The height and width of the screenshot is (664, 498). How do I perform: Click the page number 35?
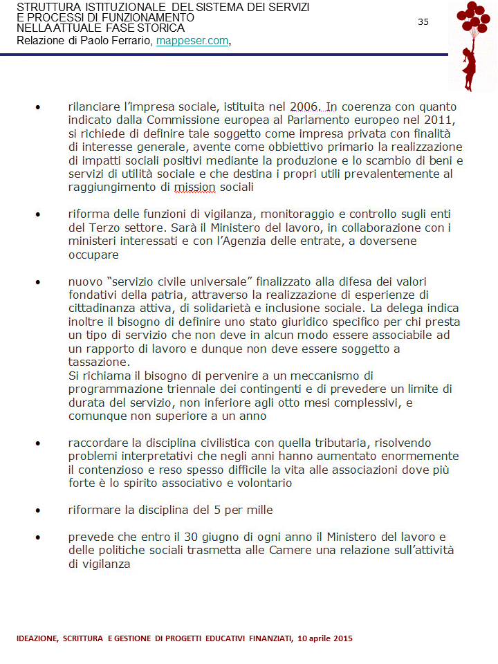pos(423,22)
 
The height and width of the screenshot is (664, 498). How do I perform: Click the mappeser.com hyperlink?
pos(192,41)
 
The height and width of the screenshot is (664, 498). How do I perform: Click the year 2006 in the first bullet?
pos(303,107)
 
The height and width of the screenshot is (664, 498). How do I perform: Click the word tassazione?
pos(98,362)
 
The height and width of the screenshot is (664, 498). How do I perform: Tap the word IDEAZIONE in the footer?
pos(37,638)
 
